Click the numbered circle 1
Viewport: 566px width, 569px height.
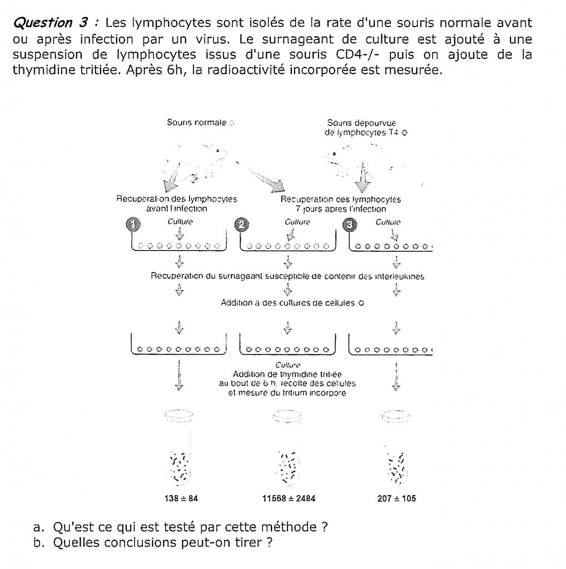pos(134,224)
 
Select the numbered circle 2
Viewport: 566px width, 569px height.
pos(242,224)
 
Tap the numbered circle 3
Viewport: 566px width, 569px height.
pos(350,224)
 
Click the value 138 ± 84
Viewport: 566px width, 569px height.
pos(179,498)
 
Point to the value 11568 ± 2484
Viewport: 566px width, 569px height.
pos(289,498)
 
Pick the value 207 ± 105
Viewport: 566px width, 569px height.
pos(396,498)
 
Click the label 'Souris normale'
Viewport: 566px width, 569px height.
pos(197,122)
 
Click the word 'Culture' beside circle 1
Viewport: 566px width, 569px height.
pos(180,222)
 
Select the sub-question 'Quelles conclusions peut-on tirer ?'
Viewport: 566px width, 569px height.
pos(162,542)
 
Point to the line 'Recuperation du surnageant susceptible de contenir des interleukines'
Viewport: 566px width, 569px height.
pos(287,276)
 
